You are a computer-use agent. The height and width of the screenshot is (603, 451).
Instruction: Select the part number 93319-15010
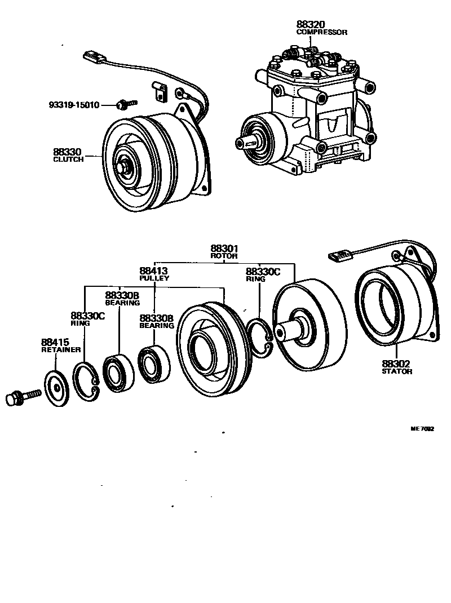click(x=74, y=105)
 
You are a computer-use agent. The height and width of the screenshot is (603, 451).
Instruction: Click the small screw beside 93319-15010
click(x=125, y=104)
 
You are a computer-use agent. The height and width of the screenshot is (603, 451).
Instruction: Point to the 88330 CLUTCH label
click(x=68, y=155)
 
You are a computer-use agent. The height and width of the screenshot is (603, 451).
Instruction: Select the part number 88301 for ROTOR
click(x=224, y=249)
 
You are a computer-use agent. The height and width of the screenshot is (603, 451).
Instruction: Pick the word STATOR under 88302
click(x=397, y=371)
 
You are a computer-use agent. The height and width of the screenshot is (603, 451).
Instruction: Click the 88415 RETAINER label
click(x=55, y=345)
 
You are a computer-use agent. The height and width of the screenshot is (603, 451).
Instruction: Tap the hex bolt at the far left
click(x=20, y=398)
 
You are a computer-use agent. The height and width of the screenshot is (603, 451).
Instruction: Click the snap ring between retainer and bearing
click(x=86, y=381)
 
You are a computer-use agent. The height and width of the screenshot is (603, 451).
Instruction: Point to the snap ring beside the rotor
click(x=260, y=339)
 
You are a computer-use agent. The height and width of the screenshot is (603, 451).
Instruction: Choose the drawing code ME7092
click(x=422, y=429)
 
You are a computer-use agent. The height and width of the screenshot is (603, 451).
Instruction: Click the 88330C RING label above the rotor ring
click(x=262, y=274)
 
